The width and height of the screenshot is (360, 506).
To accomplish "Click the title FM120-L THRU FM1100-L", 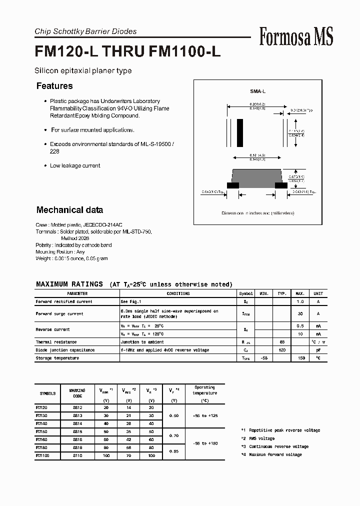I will [x=127, y=52].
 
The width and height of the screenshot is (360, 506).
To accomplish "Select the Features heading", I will [x=54, y=86].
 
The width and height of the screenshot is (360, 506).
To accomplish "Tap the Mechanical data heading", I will [x=69, y=210].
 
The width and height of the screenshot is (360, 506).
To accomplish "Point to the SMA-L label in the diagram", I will [x=257, y=91].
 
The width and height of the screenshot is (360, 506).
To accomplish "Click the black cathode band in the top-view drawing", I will [x=240, y=132].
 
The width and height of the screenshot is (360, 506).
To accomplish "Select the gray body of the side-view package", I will [x=257, y=176].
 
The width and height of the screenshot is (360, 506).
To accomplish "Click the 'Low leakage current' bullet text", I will [x=75, y=165].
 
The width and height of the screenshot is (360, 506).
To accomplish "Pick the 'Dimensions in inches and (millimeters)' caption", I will [x=258, y=213].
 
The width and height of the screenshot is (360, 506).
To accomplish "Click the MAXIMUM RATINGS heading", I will [x=69, y=284].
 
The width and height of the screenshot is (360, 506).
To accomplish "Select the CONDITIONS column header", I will [x=178, y=293].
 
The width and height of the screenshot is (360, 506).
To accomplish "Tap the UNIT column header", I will [x=318, y=293].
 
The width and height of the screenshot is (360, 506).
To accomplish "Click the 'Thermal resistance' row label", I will [x=57, y=342].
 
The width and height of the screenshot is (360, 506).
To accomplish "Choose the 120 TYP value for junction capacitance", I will [x=281, y=350].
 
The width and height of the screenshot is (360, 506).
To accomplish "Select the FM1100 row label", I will [x=43, y=455].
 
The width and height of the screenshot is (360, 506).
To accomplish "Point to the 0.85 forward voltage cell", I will [x=174, y=451].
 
